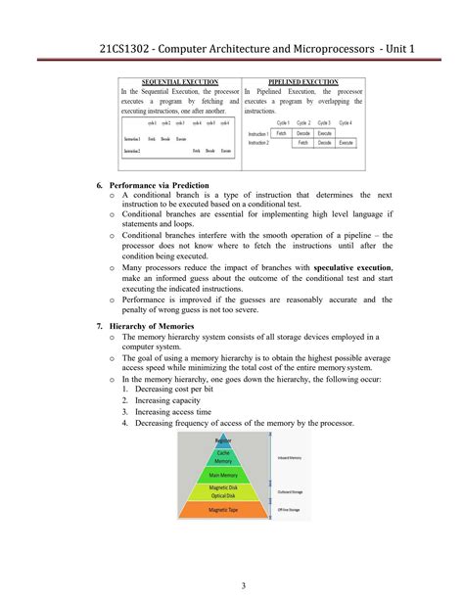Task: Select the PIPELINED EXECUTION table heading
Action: pyautogui.click(x=302, y=82)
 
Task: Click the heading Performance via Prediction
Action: pyautogui.click(x=165, y=184)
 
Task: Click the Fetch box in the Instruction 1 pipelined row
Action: pyautogui.click(x=282, y=132)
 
